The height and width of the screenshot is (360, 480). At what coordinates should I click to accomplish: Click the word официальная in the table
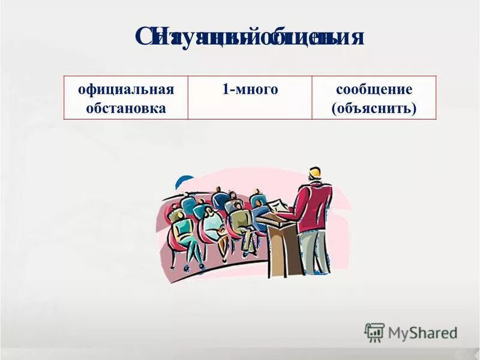click(x=125, y=89)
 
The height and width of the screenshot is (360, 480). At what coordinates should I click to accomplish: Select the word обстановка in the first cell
click(x=125, y=109)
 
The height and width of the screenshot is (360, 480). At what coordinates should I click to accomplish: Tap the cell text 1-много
click(x=250, y=89)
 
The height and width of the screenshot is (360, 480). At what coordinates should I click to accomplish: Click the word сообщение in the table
click(x=374, y=89)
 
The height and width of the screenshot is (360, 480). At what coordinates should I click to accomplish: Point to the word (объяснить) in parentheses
click(x=374, y=109)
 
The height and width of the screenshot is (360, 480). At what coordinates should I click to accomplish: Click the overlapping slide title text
click(x=249, y=37)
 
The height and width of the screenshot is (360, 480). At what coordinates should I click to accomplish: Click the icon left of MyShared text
click(x=374, y=332)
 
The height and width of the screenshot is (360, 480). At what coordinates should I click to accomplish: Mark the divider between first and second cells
click(x=188, y=98)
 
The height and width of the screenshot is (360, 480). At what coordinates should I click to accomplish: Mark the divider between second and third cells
click(x=312, y=98)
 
